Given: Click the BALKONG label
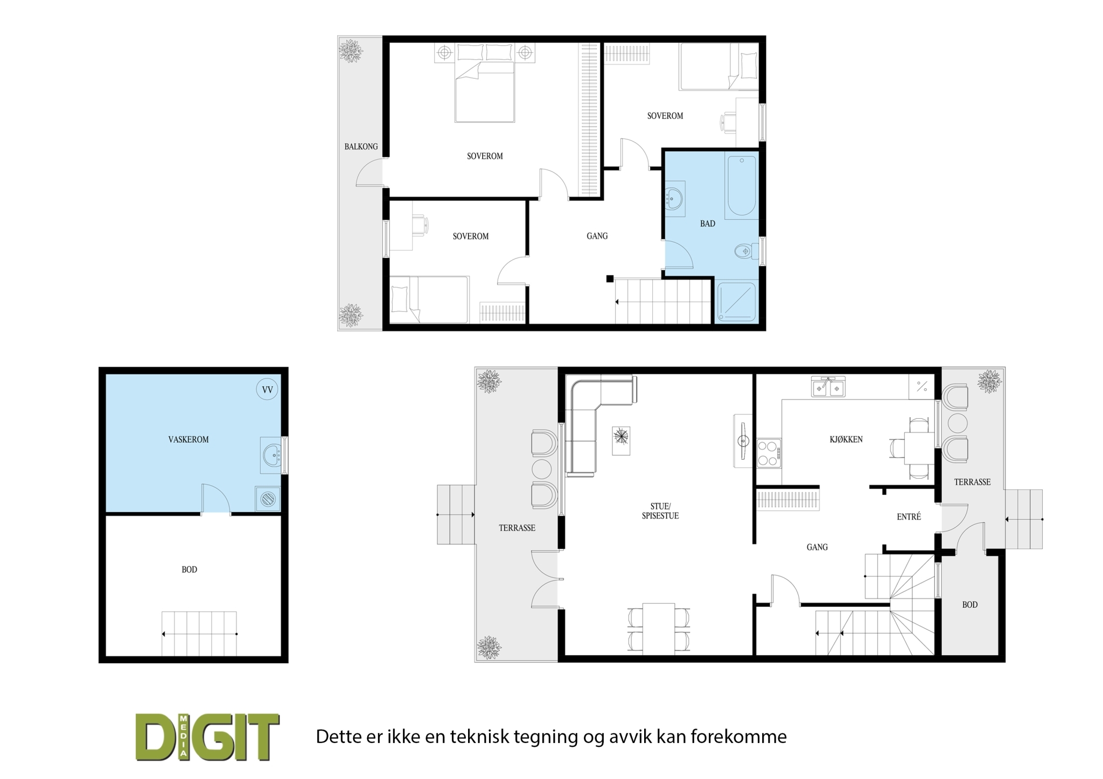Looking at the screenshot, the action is [x=361, y=146].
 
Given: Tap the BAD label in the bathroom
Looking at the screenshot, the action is [x=707, y=224].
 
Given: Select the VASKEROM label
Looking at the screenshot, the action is [x=188, y=440].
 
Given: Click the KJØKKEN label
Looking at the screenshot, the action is [x=846, y=439].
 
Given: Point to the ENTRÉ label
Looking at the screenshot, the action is [x=909, y=517].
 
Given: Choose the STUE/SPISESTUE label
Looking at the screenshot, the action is [x=660, y=511].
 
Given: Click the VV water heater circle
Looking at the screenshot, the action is [x=267, y=389].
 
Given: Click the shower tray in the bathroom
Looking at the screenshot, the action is [x=736, y=301].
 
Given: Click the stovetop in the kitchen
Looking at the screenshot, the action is [x=769, y=453].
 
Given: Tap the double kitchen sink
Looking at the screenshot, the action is [x=828, y=387].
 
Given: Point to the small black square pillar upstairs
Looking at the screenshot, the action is [x=610, y=279].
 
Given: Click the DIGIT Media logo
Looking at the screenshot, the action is [x=207, y=737].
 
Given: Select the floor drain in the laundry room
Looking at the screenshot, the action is [x=268, y=499].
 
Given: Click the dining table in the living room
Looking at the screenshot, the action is [x=659, y=629].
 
